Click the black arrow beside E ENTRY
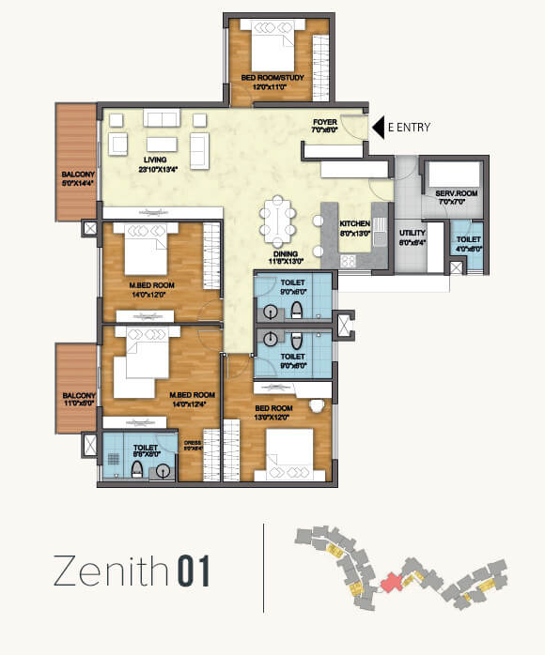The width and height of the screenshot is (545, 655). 379,126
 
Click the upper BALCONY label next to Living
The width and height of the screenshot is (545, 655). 77,175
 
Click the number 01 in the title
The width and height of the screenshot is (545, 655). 190,571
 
